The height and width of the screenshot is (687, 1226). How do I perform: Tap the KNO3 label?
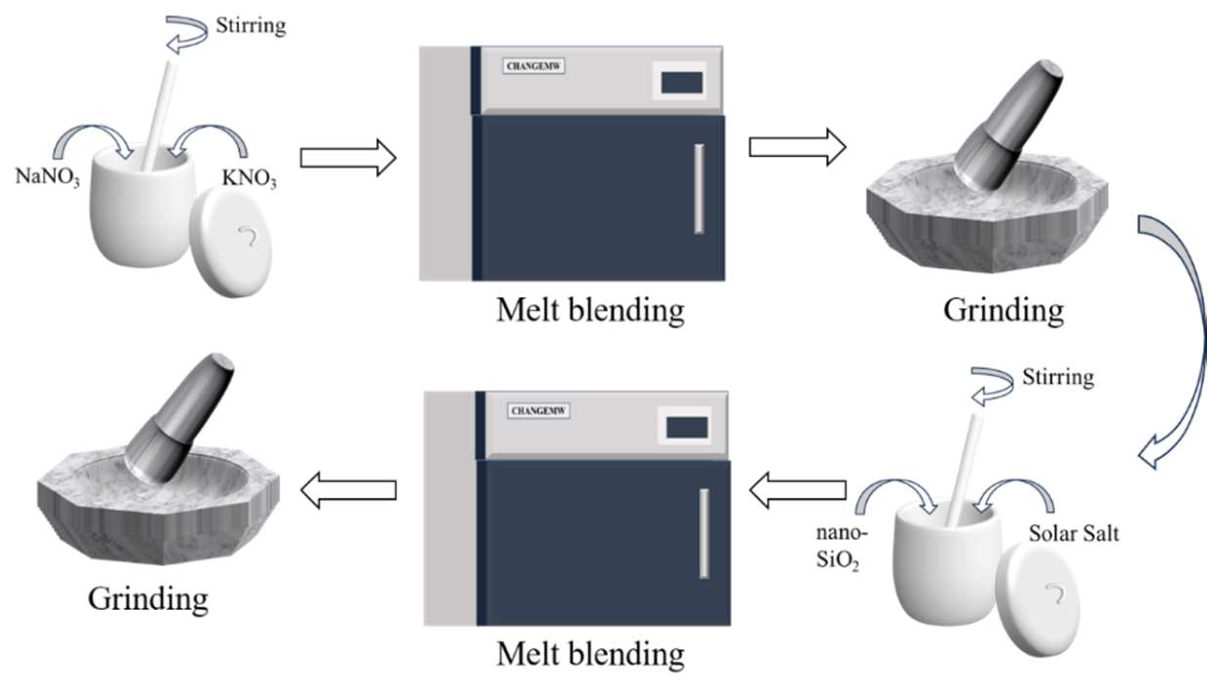249,178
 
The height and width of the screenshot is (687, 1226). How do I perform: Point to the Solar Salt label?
1073,534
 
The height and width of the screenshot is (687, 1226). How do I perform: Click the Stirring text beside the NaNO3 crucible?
250,26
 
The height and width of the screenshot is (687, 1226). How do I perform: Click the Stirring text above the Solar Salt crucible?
1058,378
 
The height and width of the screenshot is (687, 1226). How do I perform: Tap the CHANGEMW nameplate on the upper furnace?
533,66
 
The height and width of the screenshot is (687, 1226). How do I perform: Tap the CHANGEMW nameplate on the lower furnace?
538,411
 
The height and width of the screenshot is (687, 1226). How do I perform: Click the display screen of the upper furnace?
681,82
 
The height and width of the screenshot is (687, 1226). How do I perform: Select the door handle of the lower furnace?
704,534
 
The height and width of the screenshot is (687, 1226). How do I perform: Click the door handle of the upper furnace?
699,189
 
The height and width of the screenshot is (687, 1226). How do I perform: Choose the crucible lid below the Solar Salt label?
1037,599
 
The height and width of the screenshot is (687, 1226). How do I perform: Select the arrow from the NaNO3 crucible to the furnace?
348,158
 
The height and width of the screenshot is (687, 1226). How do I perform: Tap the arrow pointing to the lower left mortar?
348,490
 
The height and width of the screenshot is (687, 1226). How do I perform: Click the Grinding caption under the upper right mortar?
1003,310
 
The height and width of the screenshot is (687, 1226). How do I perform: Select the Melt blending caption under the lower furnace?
590,654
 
